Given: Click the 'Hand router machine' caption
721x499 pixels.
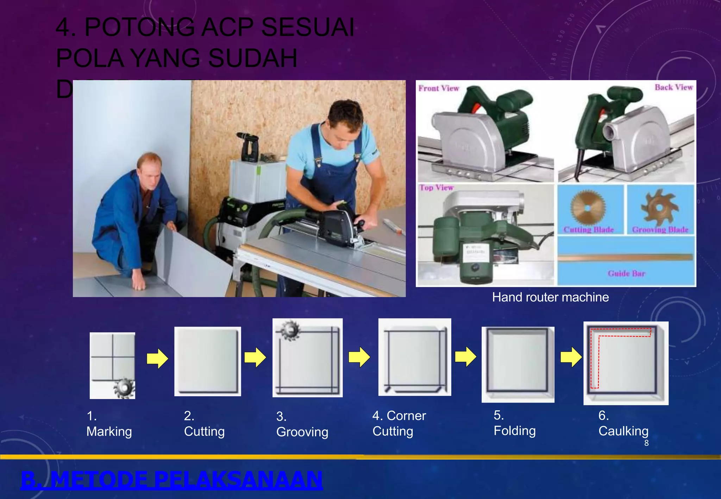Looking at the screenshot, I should pos(550,297).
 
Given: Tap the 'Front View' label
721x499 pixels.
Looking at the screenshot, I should pos(439,88).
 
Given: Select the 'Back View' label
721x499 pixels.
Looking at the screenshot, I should pos(673,87).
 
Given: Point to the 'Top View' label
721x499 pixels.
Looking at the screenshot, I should pos(437,188).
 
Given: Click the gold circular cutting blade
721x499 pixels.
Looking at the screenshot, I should pos(587,208).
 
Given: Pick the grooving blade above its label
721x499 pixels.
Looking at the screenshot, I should pos(659,208).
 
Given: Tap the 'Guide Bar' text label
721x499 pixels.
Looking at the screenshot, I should pos(626,273).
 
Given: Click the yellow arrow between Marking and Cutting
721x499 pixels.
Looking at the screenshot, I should pos(157,359).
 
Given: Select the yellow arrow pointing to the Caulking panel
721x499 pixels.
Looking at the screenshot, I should pos(571,357).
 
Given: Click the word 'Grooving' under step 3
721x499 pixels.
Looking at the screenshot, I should pos(302,432).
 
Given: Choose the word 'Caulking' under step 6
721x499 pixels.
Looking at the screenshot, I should pos(623,431).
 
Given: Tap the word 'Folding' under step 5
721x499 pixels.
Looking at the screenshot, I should pos(514,431).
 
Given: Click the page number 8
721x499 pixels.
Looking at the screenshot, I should pos(646,443).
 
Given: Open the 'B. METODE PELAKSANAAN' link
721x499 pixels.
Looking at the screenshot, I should pos(171,479).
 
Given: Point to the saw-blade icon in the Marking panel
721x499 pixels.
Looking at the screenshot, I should pos(123,388).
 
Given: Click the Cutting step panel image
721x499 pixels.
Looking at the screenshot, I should pos(207,361).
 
